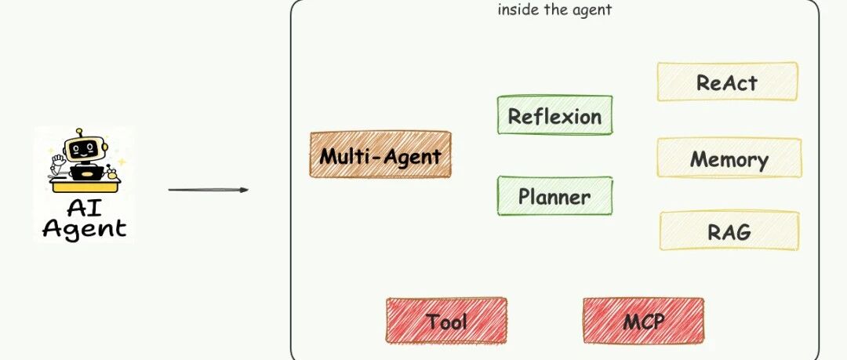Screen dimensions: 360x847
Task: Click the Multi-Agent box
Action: pos(380,155)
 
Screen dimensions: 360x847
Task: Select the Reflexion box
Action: pos(554,116)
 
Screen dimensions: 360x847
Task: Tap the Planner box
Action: pos(554,196)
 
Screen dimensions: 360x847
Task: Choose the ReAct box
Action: pos(727,82)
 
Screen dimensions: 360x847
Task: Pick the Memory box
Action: pos(729,159)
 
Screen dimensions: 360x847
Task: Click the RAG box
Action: pos(729,231)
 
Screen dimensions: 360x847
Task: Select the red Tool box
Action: pos(446,321)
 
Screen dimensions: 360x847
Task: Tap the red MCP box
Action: pos(643,321)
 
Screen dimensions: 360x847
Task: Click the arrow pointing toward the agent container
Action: pos(208,190)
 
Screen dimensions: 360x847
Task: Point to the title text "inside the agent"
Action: pos(554,10)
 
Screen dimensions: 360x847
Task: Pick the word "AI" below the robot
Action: pos(83,209)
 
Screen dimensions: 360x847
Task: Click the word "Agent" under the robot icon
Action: pos(84,228)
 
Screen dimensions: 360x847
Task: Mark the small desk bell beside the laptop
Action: pos(119,165)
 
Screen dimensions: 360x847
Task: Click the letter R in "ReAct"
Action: pos(704,82)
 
